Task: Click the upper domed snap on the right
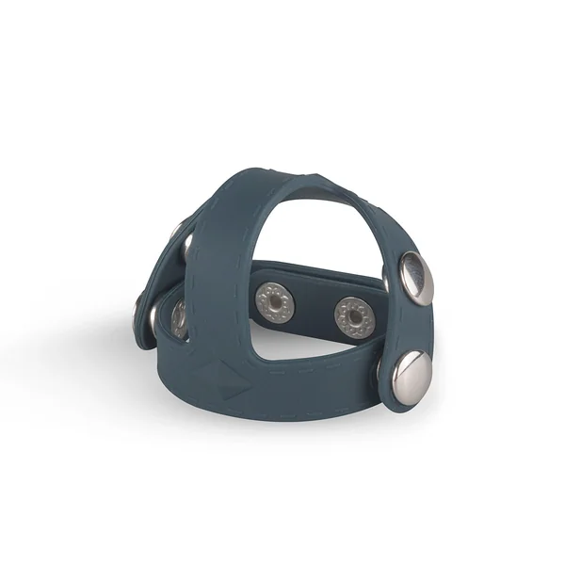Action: point(415,278)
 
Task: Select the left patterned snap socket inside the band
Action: point(275,302)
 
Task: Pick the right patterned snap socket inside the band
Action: point(354,316)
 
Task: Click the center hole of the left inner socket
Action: point(275,302)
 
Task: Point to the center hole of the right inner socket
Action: point(354,316)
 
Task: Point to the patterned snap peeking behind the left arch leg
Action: point(178,318)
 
